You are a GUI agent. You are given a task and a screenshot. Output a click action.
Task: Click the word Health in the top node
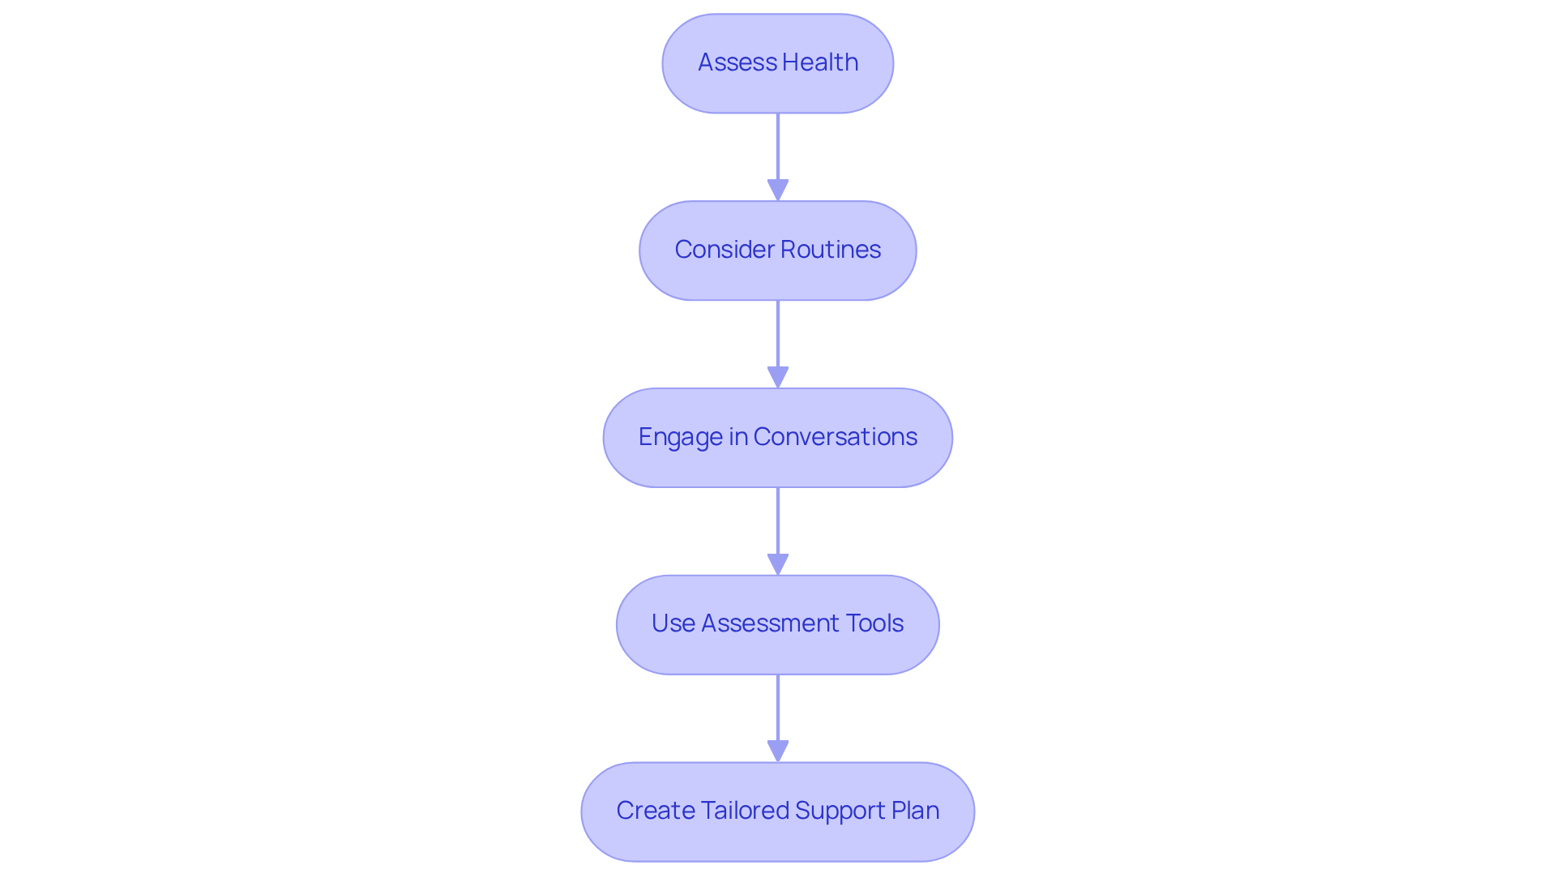[x=819, y=62]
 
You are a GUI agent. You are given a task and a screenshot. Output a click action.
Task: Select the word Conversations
[x=835, y=437]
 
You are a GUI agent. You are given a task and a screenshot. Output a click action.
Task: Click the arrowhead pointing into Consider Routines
[x=778, y=190]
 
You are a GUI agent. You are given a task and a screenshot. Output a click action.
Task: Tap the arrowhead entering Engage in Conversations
[x=778, y=377]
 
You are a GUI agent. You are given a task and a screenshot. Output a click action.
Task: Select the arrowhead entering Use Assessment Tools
[x=778, y=564]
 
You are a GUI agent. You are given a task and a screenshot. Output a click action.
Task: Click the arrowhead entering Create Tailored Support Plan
[x=778, y=751]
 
